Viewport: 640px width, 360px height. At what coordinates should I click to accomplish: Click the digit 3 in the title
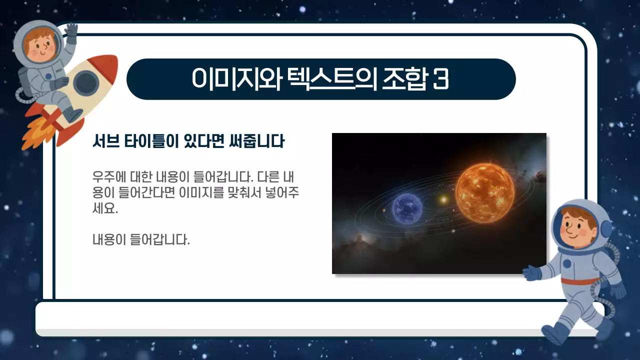440,79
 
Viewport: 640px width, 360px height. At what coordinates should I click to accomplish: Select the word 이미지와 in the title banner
238,79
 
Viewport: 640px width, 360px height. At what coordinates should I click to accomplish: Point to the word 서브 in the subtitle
105,142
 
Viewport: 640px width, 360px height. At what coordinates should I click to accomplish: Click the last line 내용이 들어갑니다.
141,239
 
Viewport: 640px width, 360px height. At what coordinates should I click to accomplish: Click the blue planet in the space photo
407,208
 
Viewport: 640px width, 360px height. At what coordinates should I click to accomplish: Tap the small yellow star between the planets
443,200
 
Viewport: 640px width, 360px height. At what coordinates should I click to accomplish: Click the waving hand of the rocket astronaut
71,31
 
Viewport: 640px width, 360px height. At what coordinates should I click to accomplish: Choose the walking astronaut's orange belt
580,281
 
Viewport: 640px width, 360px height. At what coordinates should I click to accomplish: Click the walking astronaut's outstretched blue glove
531,273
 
